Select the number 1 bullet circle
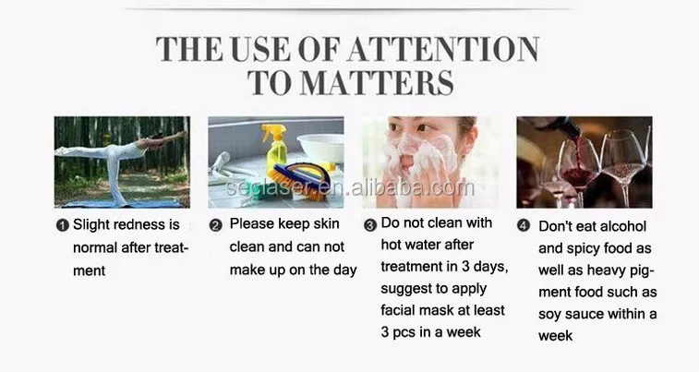point(63,225)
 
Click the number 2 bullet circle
point(215,225)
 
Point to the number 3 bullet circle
point(370,225)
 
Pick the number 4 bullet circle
point(524,225)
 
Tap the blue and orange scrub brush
point(299,179)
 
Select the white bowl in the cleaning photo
point(320,147)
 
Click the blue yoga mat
point(123,204)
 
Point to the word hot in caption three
point(391,245)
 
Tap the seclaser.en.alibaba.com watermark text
point(350,187)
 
